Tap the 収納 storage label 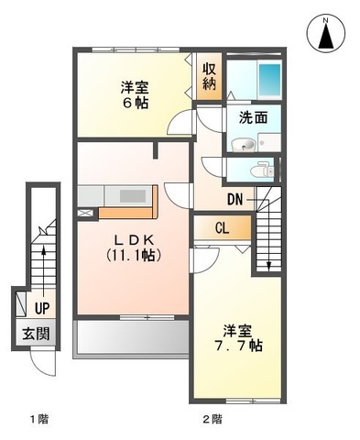click(x=208, y=78)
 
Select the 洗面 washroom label click(x=253, y=117)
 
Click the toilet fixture click(x=265, y=169)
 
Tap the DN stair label click(x=235, y=198)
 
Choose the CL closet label click(x=222, y=228)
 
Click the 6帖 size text click(x=133, y=103)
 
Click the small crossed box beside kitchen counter click(x=86, y=213)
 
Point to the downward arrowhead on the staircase click(x=268, y=267)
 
